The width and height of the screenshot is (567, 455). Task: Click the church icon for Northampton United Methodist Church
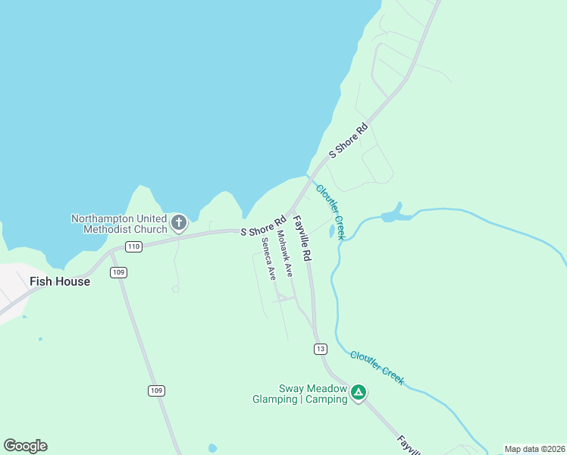click(179, 223)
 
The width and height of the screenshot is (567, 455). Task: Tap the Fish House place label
click(60, 281)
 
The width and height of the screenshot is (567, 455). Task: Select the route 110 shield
click(134, 246)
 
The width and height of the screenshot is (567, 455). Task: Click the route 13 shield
click(321, 348)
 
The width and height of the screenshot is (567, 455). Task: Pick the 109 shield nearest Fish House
click(118, 272)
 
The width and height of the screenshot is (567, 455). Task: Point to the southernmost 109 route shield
click(155, 390)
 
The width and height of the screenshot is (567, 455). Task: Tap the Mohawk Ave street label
click(284, 254)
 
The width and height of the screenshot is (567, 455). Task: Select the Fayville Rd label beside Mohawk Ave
click(302, 237)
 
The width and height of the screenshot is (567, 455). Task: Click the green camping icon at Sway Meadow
click(359, 393)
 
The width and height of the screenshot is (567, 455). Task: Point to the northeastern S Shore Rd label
click(348, 140)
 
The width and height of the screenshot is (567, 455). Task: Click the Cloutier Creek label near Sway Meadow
click(377, 367)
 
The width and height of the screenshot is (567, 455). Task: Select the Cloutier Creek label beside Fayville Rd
click(331, 212)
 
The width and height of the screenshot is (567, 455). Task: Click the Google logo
click(25, 446)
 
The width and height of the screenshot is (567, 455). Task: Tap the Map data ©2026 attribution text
click(534, 449)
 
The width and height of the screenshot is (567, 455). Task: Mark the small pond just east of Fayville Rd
click(331, 230)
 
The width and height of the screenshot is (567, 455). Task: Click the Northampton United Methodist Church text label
click(118, 224)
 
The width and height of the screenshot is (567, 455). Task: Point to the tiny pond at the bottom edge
click(212, 447)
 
